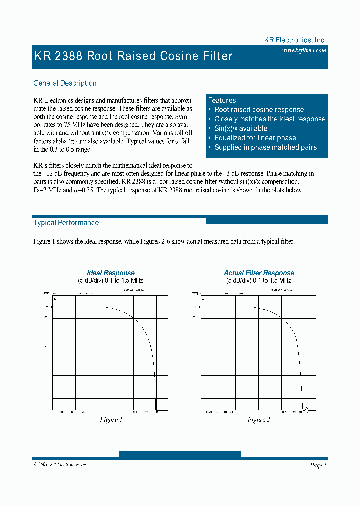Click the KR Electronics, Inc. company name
(295, 40)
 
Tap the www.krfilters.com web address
(304, 50)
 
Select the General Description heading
(65, 83)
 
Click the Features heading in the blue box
(222, 100)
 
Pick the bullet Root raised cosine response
(259, 110)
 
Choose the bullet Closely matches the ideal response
(269, 119)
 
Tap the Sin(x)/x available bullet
(241, 128)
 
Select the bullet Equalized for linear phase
(255, 138)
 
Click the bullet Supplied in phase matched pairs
(265, 147)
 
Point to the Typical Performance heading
(66, 223)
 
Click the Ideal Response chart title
(111, 273)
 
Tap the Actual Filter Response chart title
(259, 273)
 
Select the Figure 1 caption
(111, 419)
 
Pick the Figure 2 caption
(259, 419)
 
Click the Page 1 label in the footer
(318, 465)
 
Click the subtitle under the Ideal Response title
(110, 281)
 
